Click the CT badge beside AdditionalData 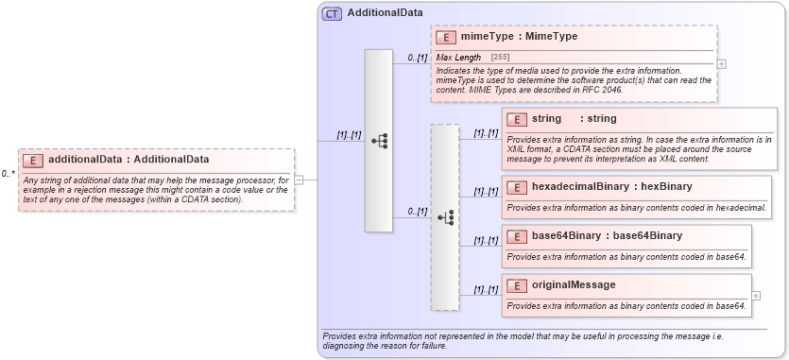332,13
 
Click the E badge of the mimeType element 446,37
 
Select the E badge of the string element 517,119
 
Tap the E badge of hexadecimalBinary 517,187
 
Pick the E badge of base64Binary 517,236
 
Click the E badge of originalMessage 517,285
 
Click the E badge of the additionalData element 33,160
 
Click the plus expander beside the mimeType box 722,64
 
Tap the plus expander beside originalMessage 756,296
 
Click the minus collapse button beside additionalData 299,179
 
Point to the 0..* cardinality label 8,174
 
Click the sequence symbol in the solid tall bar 379,141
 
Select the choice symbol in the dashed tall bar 445,217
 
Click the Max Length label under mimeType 458,58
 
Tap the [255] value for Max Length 500,58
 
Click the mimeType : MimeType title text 519,37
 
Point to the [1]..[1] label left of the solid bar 349,135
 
